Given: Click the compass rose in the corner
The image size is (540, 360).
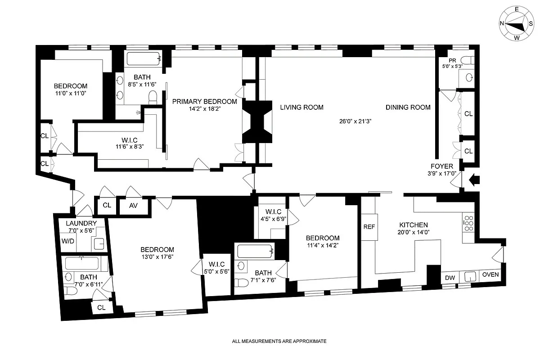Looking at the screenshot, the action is (517, 24).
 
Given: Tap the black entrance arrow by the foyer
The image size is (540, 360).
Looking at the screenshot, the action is (474, 180).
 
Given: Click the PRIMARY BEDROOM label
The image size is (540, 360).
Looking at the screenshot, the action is (204, 102).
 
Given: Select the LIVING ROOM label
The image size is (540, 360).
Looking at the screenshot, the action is (301, 107).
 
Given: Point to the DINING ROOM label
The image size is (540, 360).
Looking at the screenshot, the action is (408, 107).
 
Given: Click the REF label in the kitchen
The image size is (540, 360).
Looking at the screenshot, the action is (369, 227).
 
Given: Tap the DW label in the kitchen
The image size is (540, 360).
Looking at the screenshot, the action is (450, 278).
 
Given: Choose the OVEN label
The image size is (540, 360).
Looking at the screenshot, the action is (490, 274).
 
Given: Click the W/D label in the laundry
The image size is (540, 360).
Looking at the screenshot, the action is (68, 241).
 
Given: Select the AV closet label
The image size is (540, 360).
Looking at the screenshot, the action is (133, 206).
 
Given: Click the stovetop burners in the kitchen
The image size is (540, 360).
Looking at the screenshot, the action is (468, 223).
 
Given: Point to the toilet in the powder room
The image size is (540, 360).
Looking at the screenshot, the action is (468, 60).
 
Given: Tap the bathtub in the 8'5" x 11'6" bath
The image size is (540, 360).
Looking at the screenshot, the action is (144, 58).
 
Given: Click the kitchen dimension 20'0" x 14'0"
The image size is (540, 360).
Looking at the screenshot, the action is (414, 232).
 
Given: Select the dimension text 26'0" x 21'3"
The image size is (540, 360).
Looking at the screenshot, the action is (355, 121).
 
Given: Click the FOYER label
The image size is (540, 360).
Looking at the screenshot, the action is (442, 166).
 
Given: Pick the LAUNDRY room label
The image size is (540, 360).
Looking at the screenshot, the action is (81, 223).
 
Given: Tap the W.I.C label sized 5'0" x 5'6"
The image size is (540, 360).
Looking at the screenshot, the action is (217, 264).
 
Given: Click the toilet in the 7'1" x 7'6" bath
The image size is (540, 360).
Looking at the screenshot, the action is (241, 283).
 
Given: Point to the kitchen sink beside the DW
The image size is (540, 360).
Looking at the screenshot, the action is (470, 276).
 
